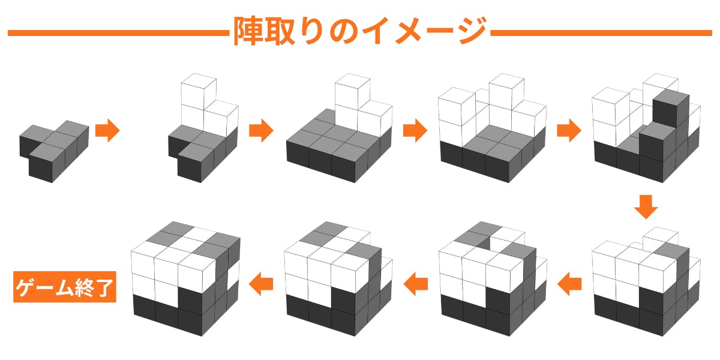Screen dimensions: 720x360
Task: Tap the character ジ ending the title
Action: pos(472,31)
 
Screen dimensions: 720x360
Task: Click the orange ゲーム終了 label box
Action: pos(65,287)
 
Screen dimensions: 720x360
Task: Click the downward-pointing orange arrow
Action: pos(646,207)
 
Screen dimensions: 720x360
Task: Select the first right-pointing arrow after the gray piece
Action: pos(107,130)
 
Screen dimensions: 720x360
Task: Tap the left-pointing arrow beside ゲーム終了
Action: pos(261,284)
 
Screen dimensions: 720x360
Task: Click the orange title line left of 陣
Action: pos(118,33)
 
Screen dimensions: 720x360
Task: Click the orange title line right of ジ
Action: pos(601,33)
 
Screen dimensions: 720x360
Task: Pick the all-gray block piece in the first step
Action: pos(54,151)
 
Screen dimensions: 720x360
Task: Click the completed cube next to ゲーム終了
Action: pos(186,278)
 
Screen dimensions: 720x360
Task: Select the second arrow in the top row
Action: pos(261,130)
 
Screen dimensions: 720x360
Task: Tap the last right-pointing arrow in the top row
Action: pos(569,130)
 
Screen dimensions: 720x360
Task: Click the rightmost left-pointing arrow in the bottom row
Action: pos(569,284)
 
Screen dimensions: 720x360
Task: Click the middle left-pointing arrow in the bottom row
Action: pos(415,284)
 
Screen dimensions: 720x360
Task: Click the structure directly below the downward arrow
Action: pos(646,281)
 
